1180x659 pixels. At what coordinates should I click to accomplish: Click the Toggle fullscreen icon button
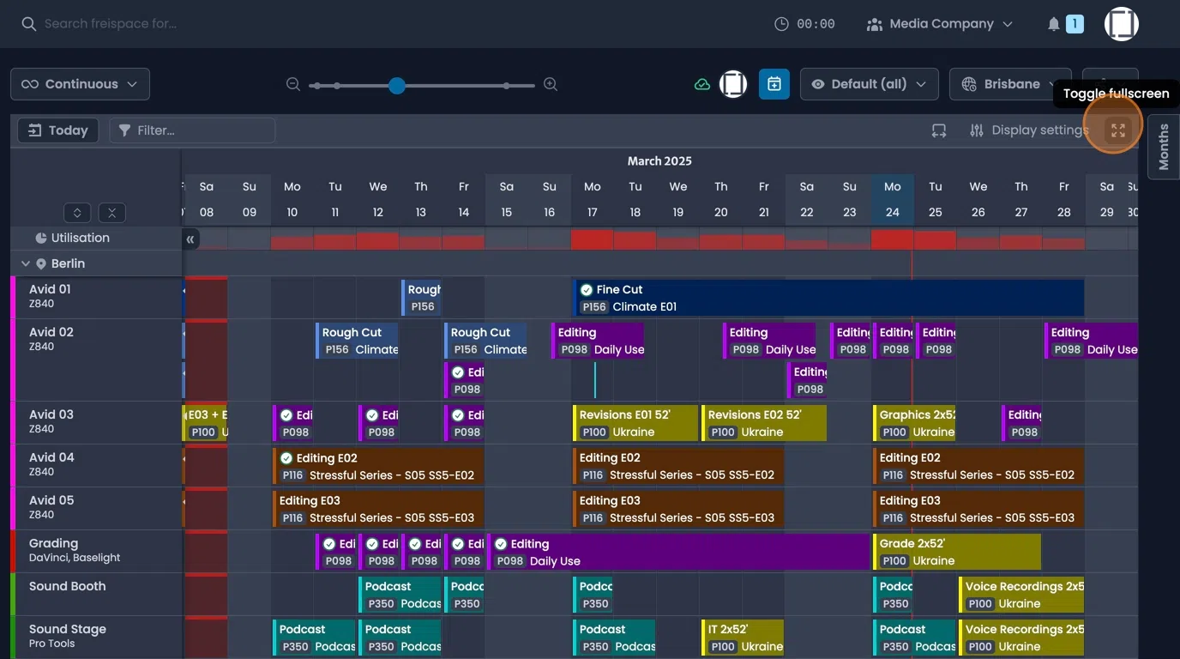[1117, 130]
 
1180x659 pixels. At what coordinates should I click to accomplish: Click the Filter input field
[192, 130]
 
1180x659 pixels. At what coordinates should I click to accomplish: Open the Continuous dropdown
[80, 84]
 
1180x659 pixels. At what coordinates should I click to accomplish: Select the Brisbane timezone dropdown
[1010, 84]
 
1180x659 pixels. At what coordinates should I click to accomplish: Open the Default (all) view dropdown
[869, 84]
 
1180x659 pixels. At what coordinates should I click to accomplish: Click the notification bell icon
[1054, 24]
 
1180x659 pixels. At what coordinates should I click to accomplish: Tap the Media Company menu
[940, 24]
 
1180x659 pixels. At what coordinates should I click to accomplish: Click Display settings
[1028, 130]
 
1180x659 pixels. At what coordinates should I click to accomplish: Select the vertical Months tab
[1163, 147]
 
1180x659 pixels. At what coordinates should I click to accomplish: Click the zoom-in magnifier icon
[551, 84]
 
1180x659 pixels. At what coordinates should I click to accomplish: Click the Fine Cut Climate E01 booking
[828, 298]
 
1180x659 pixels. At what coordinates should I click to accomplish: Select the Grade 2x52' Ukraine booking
[956, 552]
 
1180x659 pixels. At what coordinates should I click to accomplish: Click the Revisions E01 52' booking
[635, 423]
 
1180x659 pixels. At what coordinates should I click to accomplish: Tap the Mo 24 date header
[892, 199]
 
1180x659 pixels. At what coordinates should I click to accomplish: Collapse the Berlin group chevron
[25, 263]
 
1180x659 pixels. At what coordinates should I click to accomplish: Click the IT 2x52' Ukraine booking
[743, 638]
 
